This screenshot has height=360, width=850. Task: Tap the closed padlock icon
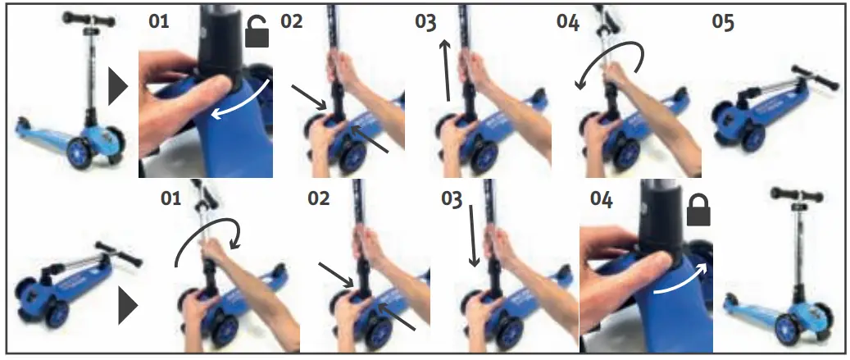(698, 211)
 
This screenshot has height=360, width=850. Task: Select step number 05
(722, 22)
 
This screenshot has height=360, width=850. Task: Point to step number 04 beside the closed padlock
(602, 199)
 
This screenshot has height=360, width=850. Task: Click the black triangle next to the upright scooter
(118, 86)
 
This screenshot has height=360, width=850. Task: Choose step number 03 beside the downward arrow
(452, 199)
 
